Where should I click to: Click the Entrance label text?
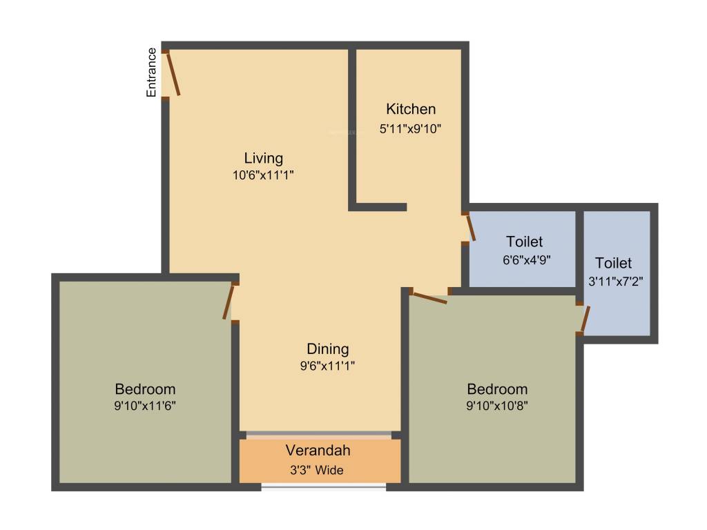pyautogui.click(x=151, y=72)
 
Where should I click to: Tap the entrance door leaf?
pyautogui.click(x=173, y=73)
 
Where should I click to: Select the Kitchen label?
pyautogui.click(x=411, y=109)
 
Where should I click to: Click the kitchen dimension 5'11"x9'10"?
pyautogui.click(x=410, y=129)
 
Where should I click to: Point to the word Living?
pyautogui.click(x=263, y=158)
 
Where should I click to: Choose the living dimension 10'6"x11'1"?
pyautogui.click(x=263, y=175)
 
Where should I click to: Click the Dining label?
pyautogui.click(x=327, y=349)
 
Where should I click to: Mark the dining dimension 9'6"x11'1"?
pyautogui.click(x=327, y=366)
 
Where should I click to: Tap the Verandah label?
pyautogui.click(x=318, y=450)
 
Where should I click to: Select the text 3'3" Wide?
pyautogui.click(x=316, y=471)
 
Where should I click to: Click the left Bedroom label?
pyautogui.click(x=145, y=389)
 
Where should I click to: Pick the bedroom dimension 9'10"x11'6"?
pyautogui.click(x=145, y=406)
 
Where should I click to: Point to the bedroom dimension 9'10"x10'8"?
pyautogui.click(x=497, y=406)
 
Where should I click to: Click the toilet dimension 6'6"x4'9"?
pyautogui.click(x=527, y=260)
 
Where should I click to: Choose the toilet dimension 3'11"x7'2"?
pyautogui.click(x=615, y=282)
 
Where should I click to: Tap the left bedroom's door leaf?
pyautogui.click(x=228, y=302)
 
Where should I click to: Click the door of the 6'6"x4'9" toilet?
pyautogui.click(x=471, y=228)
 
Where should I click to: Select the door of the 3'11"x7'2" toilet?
pyautogui.click(x=585, y=319)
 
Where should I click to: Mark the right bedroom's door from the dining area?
pyautogui.click(x=429, y=298)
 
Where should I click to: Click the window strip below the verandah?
pyautogui.click(x=324, y=487)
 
